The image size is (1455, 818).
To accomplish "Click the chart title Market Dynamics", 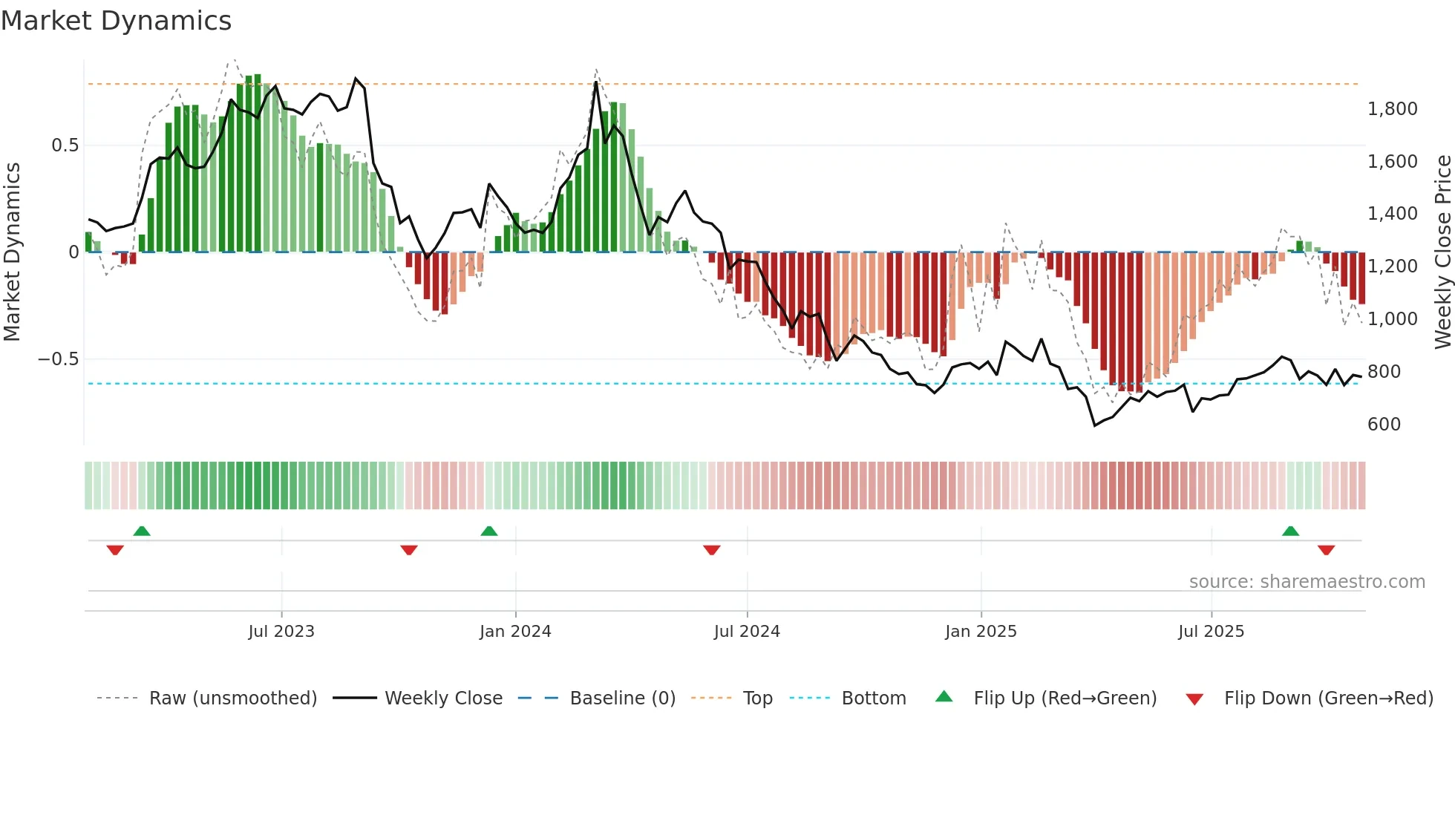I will tap(116, 21).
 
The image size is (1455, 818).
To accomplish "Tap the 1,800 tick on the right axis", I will tap(1392, 109).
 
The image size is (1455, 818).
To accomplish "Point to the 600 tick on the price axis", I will tap(1384, 424).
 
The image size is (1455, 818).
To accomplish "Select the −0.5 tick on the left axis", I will tap(58, 359).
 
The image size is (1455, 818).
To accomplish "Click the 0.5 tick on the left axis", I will tap(65, 145).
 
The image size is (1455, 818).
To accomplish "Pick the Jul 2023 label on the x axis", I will tap(281, 632).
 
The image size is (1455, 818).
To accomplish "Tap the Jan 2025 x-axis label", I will tap(981, 632).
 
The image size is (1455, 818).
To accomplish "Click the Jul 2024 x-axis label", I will tap(747, 632).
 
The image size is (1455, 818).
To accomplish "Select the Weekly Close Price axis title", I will tap(1442, 252).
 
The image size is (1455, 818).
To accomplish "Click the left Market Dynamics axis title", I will tap(12, 252).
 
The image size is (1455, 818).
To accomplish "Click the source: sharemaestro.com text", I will tap(1307, 582).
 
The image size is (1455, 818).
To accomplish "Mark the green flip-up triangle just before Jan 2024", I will tap(489, 531).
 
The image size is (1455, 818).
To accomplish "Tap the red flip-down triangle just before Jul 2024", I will tap(712, 550).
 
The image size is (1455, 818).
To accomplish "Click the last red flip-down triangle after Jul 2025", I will tap(1327, 550).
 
